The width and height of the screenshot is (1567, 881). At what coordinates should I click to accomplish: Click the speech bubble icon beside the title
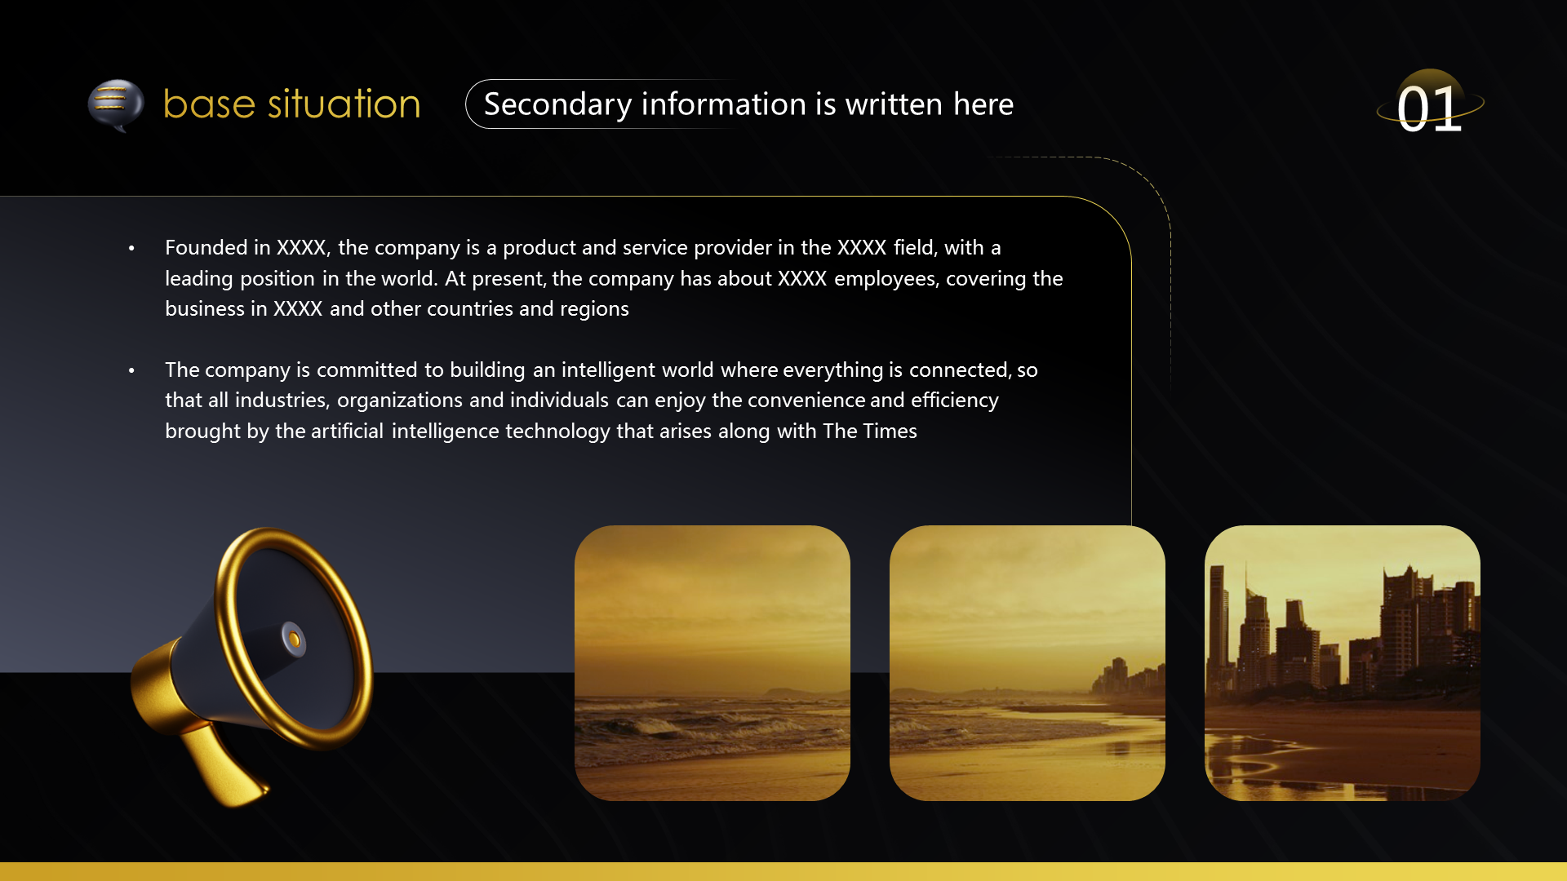115,105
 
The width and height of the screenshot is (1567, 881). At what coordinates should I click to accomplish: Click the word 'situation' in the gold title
344,104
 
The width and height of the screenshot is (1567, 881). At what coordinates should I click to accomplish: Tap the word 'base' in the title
210,104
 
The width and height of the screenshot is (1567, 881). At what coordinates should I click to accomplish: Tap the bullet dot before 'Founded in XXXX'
131,248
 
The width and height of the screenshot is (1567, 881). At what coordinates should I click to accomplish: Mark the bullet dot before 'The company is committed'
131,370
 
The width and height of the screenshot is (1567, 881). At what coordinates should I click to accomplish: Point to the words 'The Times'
870,431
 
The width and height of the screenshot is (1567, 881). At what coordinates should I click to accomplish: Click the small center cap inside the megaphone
293,639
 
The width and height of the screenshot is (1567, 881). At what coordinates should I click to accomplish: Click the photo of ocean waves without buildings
712,663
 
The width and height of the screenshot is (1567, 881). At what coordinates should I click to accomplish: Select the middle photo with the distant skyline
1028,663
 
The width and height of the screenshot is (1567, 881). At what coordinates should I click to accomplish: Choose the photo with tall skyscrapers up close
1343,663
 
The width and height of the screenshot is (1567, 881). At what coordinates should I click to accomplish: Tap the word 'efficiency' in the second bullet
955,401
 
